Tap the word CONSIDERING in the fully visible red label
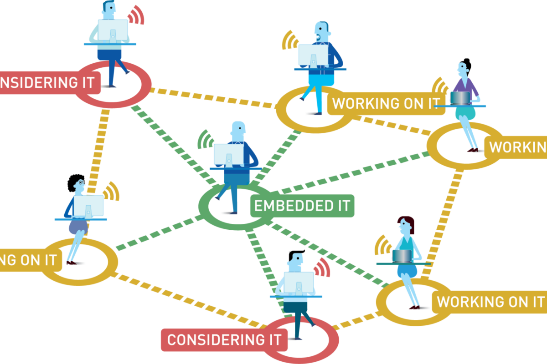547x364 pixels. (209, 340)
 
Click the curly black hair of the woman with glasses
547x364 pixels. (75, 182)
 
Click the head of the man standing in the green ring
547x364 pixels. (238, 132)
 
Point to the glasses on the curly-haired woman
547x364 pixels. (81, 182)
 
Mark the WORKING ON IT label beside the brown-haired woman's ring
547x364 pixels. (490, 302)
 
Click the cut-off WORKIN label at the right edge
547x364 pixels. (518, 147)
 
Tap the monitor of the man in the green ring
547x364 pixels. (228, 155)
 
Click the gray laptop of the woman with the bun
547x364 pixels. (460, 98)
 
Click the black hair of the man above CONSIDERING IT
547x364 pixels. (294, 255)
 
